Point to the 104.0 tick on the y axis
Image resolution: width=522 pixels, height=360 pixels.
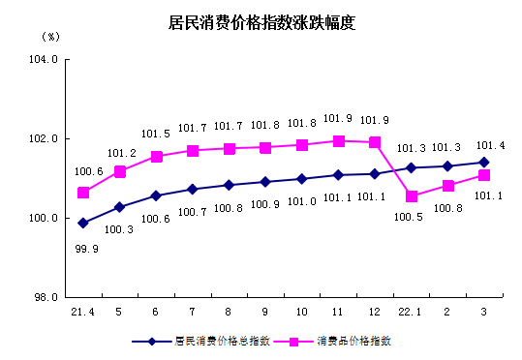[45, 60]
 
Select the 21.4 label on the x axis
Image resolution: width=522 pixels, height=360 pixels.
[82, 313]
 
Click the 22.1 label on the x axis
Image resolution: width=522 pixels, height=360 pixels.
[412, 313]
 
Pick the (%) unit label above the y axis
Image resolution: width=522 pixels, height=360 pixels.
[50, 36]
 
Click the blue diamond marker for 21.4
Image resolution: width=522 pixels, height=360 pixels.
[83, 223]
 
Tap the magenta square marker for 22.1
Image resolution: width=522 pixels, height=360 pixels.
[412, 196]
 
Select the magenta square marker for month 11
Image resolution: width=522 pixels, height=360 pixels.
[338, 140]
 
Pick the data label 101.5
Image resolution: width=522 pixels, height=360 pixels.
[155, 134]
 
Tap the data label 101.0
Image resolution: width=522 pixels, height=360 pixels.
[300, 200]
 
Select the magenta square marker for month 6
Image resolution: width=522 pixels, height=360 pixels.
[156, 156]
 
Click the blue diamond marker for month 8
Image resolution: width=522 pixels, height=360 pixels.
[229, 185]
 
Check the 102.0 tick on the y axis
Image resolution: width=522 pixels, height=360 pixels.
[45, 139]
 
